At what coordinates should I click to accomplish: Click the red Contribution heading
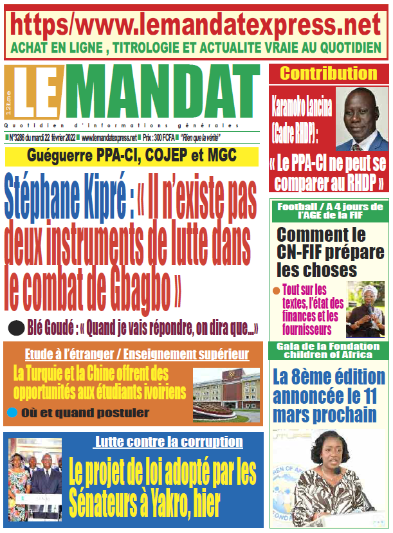[x=328, y=73]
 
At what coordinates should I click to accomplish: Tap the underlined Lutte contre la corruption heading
[x=169, y=442]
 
